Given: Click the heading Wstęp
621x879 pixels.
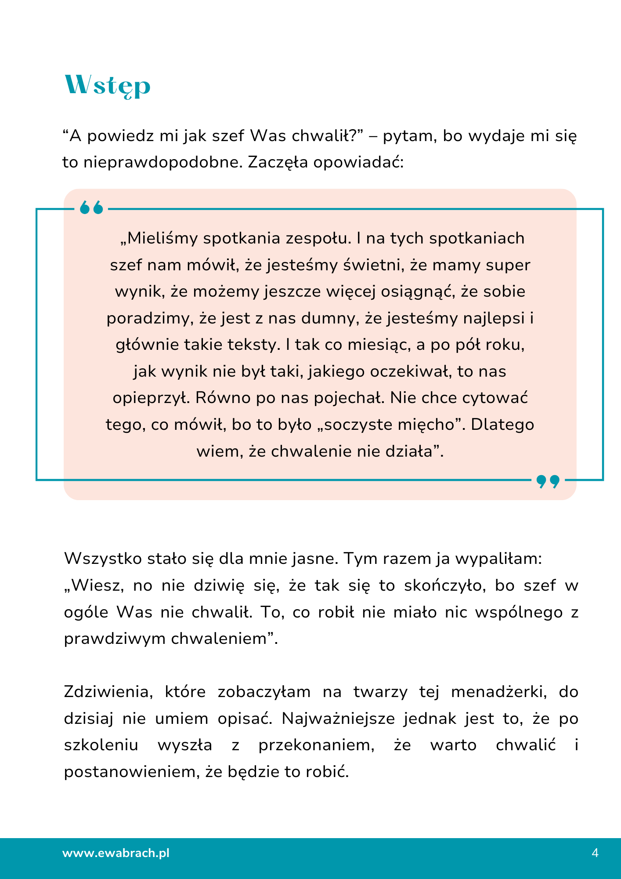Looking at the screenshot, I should [x=108, y=85].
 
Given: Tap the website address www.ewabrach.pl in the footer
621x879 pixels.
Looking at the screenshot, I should [x=116, y=853].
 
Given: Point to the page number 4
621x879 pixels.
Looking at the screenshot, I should [x=595, y=853].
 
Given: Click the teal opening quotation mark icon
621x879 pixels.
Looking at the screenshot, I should [x=91, y=208].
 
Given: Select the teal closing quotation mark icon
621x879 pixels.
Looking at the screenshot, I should [x=548, y=481].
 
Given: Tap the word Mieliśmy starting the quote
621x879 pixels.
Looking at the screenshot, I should [x=158, y=238].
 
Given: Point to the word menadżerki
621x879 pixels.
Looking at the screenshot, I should [x=499, y=692].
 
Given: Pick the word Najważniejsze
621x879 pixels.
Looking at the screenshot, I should [x=338, y=719].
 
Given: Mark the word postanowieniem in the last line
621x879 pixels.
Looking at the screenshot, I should [x=131, y=772].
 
